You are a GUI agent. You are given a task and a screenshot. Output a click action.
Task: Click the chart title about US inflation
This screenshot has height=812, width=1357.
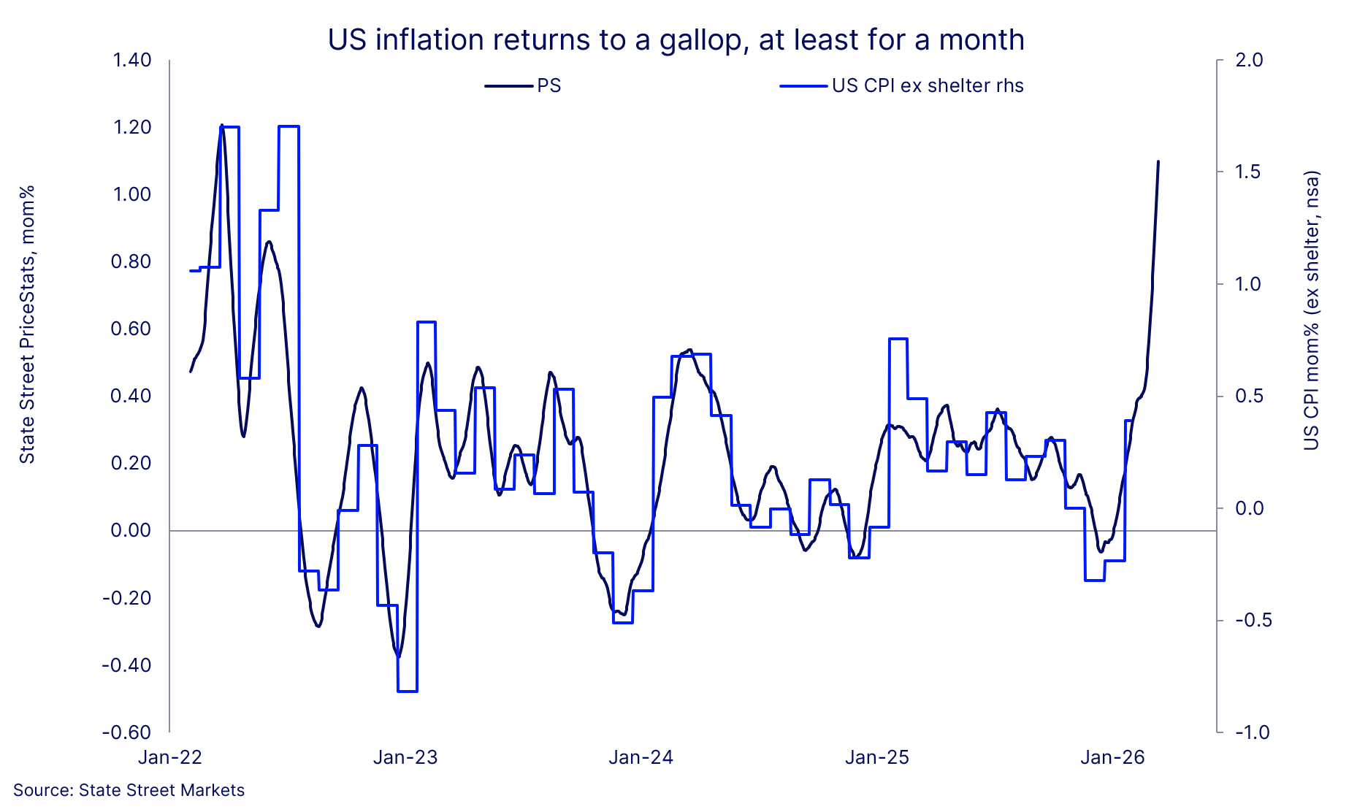click(x=676, y=40)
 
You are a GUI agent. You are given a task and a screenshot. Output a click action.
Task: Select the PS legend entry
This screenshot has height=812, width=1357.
click(x=524, y=86)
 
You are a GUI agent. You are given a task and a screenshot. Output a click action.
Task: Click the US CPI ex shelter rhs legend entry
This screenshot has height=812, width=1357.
click(x=902, y=86)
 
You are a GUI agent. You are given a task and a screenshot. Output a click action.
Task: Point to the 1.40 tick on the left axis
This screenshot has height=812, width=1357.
click(x=131, y=60)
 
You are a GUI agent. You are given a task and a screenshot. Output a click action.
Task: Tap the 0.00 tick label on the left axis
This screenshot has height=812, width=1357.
click(x=131, y=531)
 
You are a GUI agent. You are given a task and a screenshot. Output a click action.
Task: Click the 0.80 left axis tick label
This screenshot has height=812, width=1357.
click(x=131, y=261)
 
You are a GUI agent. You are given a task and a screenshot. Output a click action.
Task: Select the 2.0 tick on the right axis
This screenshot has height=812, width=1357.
click(x=1249, y=60)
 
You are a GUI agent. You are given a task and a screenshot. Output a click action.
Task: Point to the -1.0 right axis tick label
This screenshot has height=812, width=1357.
click(x=1252, y=732)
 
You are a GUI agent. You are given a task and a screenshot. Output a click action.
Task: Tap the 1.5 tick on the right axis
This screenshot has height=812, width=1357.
click(x=1249, y=172)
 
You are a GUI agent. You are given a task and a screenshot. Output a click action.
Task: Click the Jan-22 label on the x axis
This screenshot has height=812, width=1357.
click(x=169, y=758)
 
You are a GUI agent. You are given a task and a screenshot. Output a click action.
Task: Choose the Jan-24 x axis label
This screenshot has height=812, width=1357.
click(x=641, y=758)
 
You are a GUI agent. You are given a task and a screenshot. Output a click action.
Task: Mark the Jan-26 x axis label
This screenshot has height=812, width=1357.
click(x=1112, y=758)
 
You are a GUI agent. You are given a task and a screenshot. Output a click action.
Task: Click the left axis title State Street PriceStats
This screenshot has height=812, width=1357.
click(x=27, y=325)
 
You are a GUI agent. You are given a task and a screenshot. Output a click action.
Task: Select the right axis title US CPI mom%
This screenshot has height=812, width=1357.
click(x=1312, y=310)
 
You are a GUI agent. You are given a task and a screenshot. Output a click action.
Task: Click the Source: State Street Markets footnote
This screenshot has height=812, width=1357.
click(x=129, y=791)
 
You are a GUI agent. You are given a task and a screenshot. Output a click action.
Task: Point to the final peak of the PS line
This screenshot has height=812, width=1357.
click(x=1158, y=161)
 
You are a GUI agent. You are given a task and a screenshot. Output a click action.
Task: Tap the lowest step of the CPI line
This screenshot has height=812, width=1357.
click(x=407, y=691)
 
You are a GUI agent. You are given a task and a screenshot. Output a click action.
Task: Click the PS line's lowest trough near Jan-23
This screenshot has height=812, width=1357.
click(x=398, y=656)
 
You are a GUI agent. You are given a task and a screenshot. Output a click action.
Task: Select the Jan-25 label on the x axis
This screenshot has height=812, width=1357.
click(x=877, y=758)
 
